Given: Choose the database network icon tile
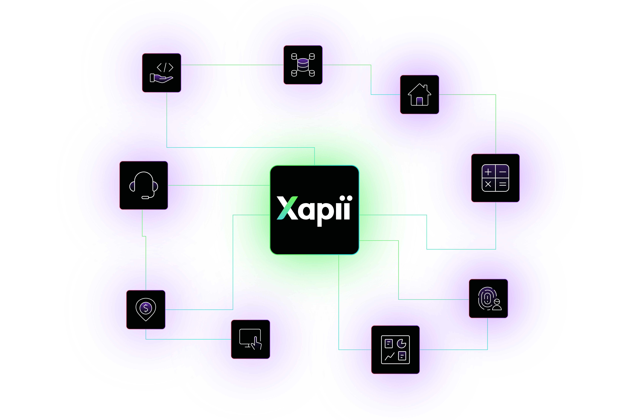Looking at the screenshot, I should (303, 65).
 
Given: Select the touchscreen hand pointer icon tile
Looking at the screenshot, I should (250, 339).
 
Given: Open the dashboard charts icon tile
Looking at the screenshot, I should (395, 350).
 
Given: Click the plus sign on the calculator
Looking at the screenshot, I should (488, 172).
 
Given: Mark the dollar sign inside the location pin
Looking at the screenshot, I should (146, 308).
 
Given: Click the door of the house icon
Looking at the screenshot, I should (419, 101).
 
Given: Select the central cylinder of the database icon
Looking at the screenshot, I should (303, 65).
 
